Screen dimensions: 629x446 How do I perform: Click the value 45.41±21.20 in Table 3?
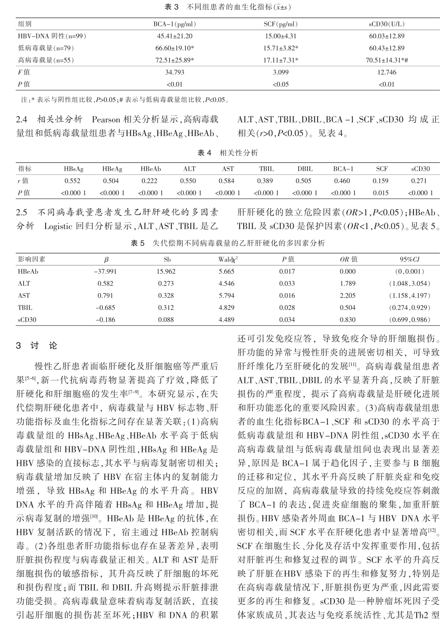tap(175, 36)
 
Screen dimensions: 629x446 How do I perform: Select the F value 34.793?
tap(175, 72)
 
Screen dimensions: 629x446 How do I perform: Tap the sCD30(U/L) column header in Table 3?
tap(386, 24)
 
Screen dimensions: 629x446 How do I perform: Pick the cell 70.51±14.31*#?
tap(386, 61)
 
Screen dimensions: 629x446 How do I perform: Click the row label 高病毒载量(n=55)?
tap(46, 61)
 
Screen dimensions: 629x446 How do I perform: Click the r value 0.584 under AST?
tap(228, 181)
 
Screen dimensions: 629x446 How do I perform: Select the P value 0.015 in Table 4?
tap(382, 193)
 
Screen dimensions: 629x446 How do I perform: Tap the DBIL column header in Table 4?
tap(305, 169)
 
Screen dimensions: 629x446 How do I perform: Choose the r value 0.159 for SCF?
tap(382, 181)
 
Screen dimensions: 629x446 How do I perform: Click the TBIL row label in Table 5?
tap(25, 307)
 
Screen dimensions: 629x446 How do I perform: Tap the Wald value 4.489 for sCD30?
tap(227, 320)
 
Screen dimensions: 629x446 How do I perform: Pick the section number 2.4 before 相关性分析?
tap(21, 119)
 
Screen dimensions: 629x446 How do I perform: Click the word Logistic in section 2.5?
tap(58, 226)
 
